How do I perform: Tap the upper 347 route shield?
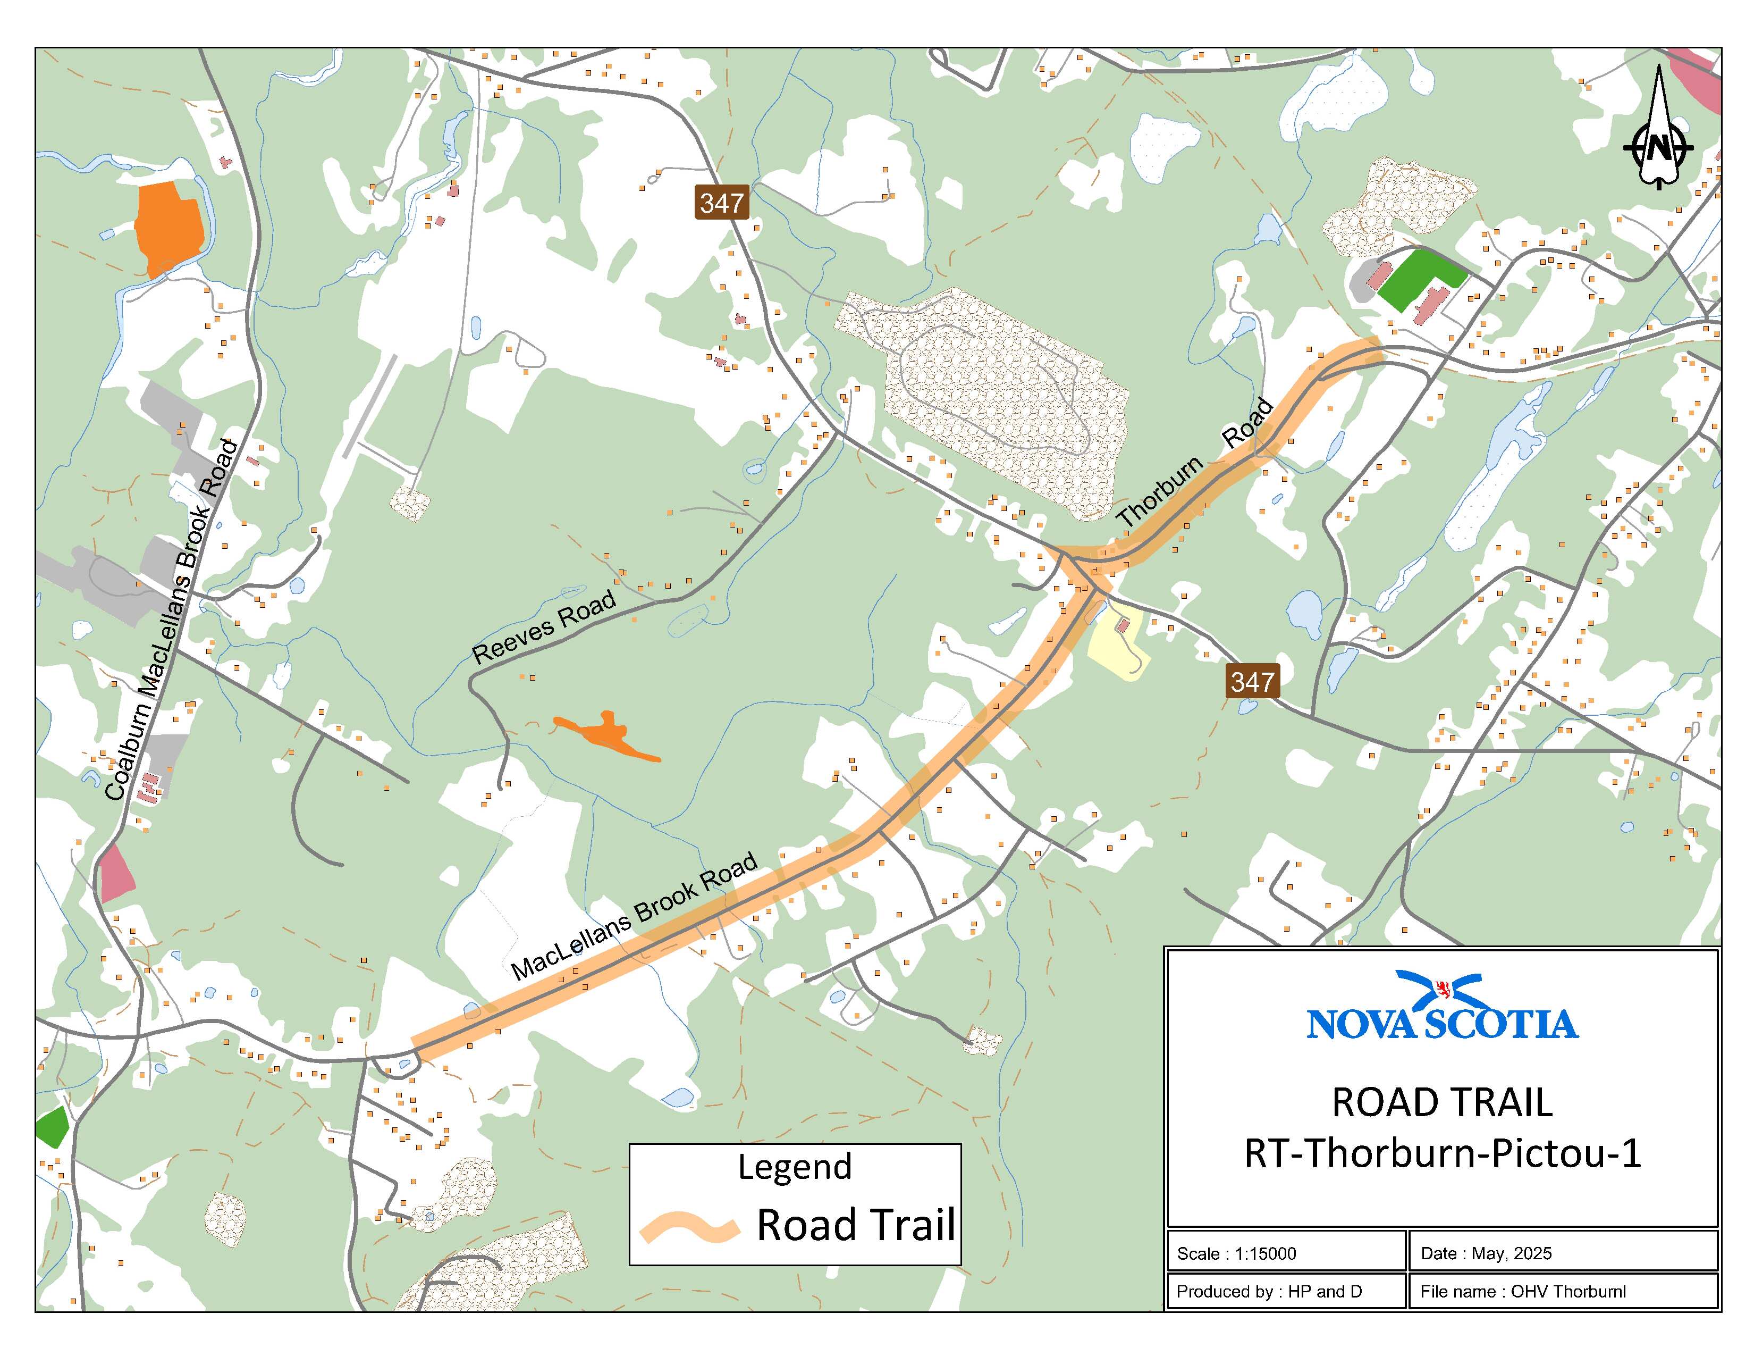coord(721,203)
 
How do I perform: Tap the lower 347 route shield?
coord(1252,681)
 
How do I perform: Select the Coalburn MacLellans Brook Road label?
coord(172,620)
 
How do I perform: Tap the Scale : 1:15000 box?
coord(1285,1253)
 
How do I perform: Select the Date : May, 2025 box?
coord(1562,1253)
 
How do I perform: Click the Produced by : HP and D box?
coord(1285,1291)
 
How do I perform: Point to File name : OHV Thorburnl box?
coord(1562,1291)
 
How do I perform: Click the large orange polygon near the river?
coord(168,227)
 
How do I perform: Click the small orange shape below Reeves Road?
coord(606,735)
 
